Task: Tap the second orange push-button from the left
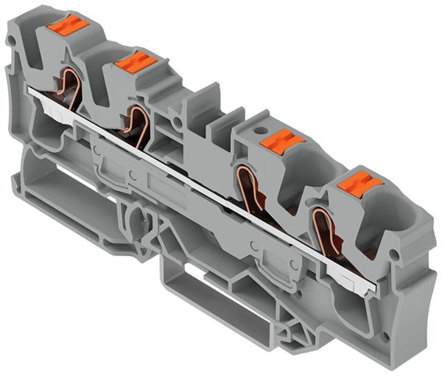pyautogui.click(x=136, y=62)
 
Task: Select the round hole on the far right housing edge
pyautogui.click(x=399, y=255)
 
